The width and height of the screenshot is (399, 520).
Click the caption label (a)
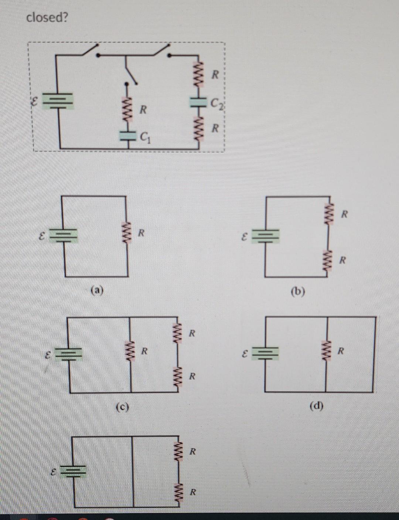[x=97, y=290]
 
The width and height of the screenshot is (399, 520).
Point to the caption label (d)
[x=316, y=407]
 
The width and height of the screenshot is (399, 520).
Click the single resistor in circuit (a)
[x=128, y=233]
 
